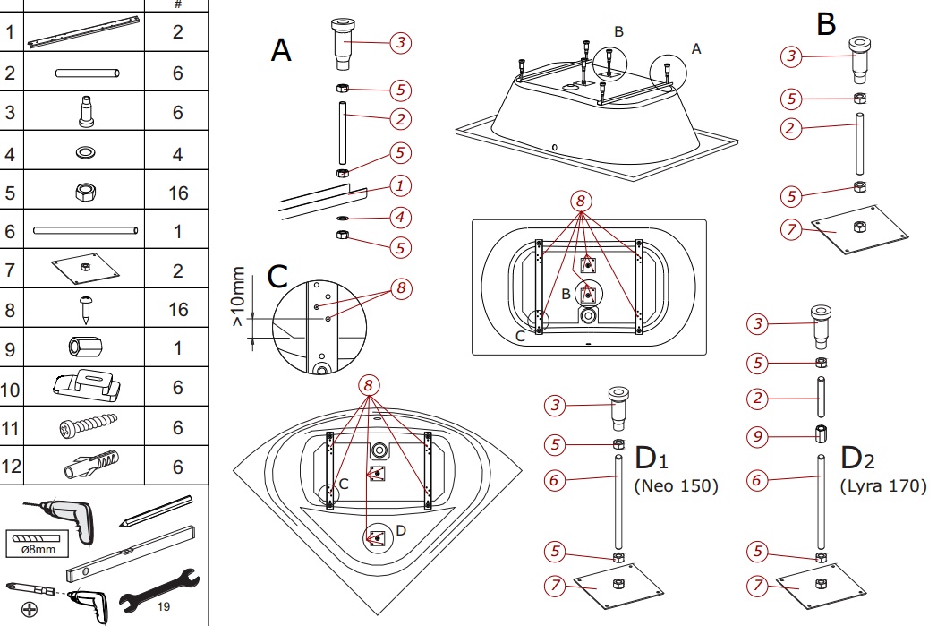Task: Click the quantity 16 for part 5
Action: pos(177,193)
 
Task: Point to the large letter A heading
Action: pos(281,50)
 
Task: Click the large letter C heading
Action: pos(277,277)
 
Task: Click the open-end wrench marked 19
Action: pos(156,591)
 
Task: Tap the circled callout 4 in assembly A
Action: pos(401,218)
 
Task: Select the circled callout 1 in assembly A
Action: pos(401,185)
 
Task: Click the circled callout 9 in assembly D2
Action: pos(759,437)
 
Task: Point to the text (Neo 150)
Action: pos(677,486)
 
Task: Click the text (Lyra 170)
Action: pos(883,486)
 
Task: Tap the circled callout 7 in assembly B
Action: pos(790,230)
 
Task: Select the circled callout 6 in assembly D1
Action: pos(554,481)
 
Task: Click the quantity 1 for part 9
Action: pos(177,347)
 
